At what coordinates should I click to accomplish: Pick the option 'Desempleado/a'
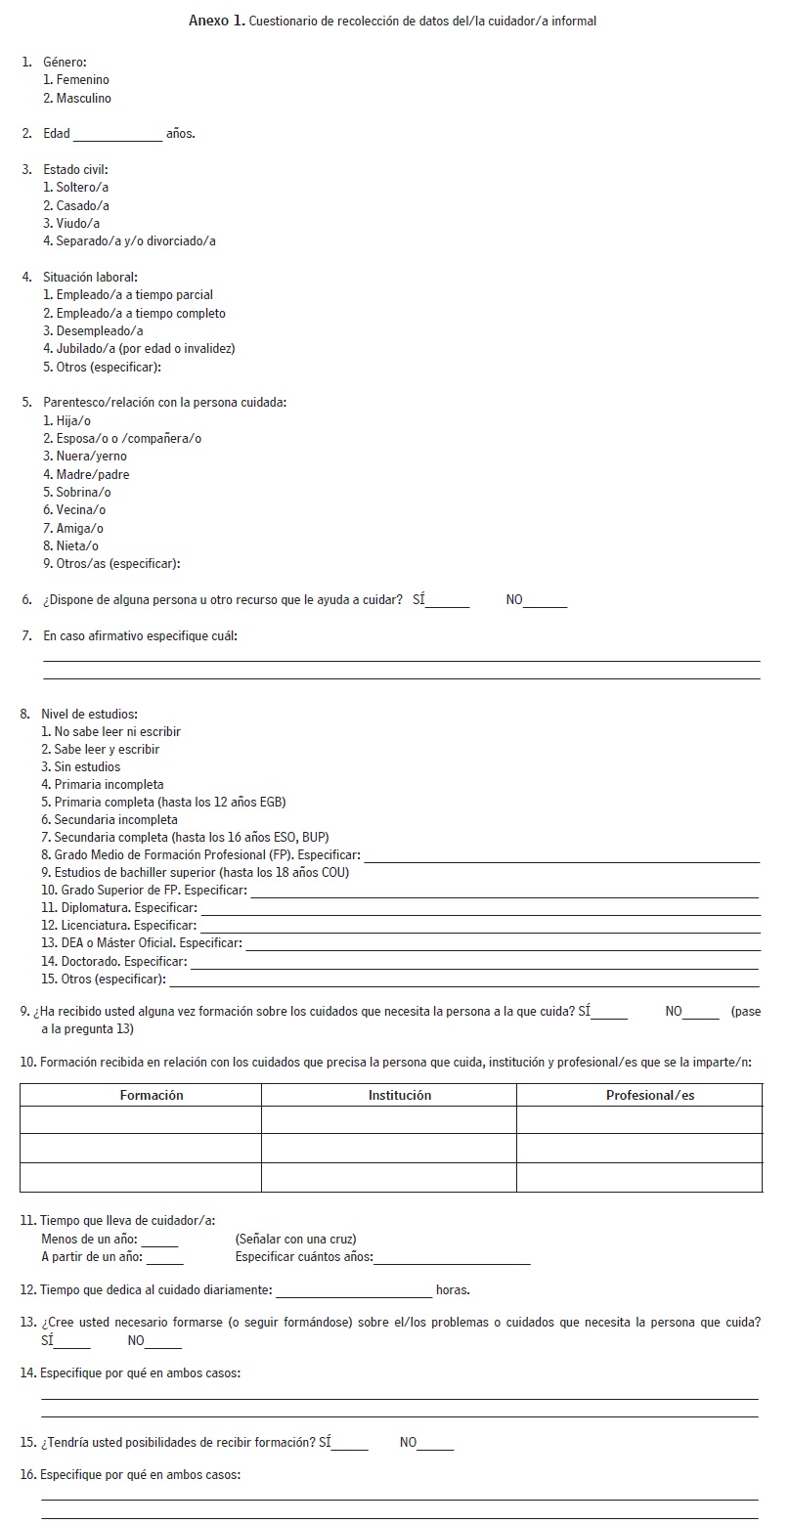coord(93,330)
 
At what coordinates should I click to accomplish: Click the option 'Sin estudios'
coord(81,766)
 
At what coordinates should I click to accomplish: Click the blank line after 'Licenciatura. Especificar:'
coord(479,928)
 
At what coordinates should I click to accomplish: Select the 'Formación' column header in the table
coord(152,1095)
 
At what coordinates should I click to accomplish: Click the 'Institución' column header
coord(399,1095)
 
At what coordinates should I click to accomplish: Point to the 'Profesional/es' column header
coord(650,1095)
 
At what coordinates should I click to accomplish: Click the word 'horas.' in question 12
coord(453,1289)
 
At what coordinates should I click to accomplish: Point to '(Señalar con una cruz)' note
coord(295,1239)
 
